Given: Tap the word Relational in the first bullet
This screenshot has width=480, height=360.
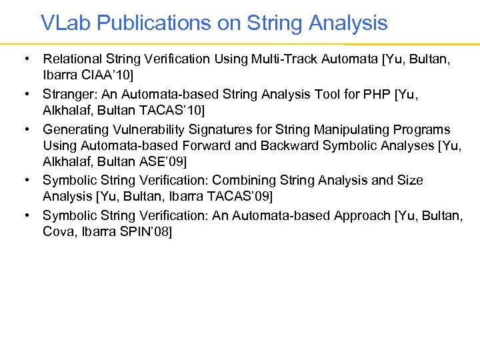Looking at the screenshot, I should pyautogui.click(x=69, y=60).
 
